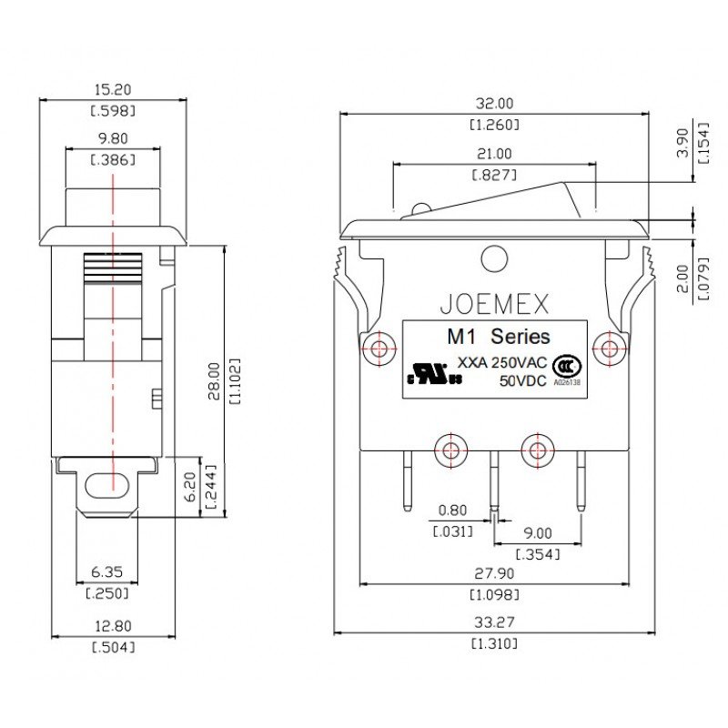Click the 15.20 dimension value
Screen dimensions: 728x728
[114, 90]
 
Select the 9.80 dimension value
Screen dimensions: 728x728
[113, 140]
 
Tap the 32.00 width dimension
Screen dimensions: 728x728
[494, 103]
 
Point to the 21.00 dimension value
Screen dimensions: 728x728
[494, 154]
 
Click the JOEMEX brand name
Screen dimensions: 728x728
[494, 301]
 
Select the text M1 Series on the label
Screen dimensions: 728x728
[498, 336]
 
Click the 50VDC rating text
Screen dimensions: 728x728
[522, 380]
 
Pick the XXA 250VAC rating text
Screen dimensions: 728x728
[500, 362]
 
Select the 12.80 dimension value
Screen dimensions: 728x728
[113, 626]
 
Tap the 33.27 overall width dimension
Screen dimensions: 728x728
[494, 623]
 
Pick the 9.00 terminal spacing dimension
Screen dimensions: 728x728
[537, 534]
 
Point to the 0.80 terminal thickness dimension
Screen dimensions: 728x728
[452, 511]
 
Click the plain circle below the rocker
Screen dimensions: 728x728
[494, 259]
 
